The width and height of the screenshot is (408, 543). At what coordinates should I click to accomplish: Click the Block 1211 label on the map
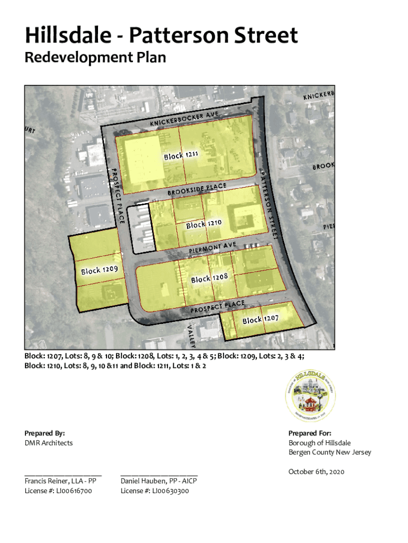coord(181,155)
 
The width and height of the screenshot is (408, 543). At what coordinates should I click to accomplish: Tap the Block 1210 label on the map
coord(203,224)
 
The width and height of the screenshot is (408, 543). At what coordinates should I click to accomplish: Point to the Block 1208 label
coord(209,278)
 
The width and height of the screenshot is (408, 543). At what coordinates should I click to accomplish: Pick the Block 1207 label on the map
coord(261,319)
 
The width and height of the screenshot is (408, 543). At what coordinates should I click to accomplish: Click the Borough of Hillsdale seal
coord(310,395)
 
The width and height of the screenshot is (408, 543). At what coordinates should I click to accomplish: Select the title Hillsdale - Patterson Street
coord(161,36)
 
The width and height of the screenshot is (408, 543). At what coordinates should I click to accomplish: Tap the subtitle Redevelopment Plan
coord(95,57)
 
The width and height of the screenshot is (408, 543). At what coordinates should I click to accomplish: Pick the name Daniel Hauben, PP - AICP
coord(158,481)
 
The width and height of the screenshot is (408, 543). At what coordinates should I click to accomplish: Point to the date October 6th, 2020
coord(316,471)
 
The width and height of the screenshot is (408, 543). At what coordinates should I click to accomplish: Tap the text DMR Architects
coord(49,443)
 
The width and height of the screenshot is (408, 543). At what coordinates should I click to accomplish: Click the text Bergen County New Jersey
coord(330,452)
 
